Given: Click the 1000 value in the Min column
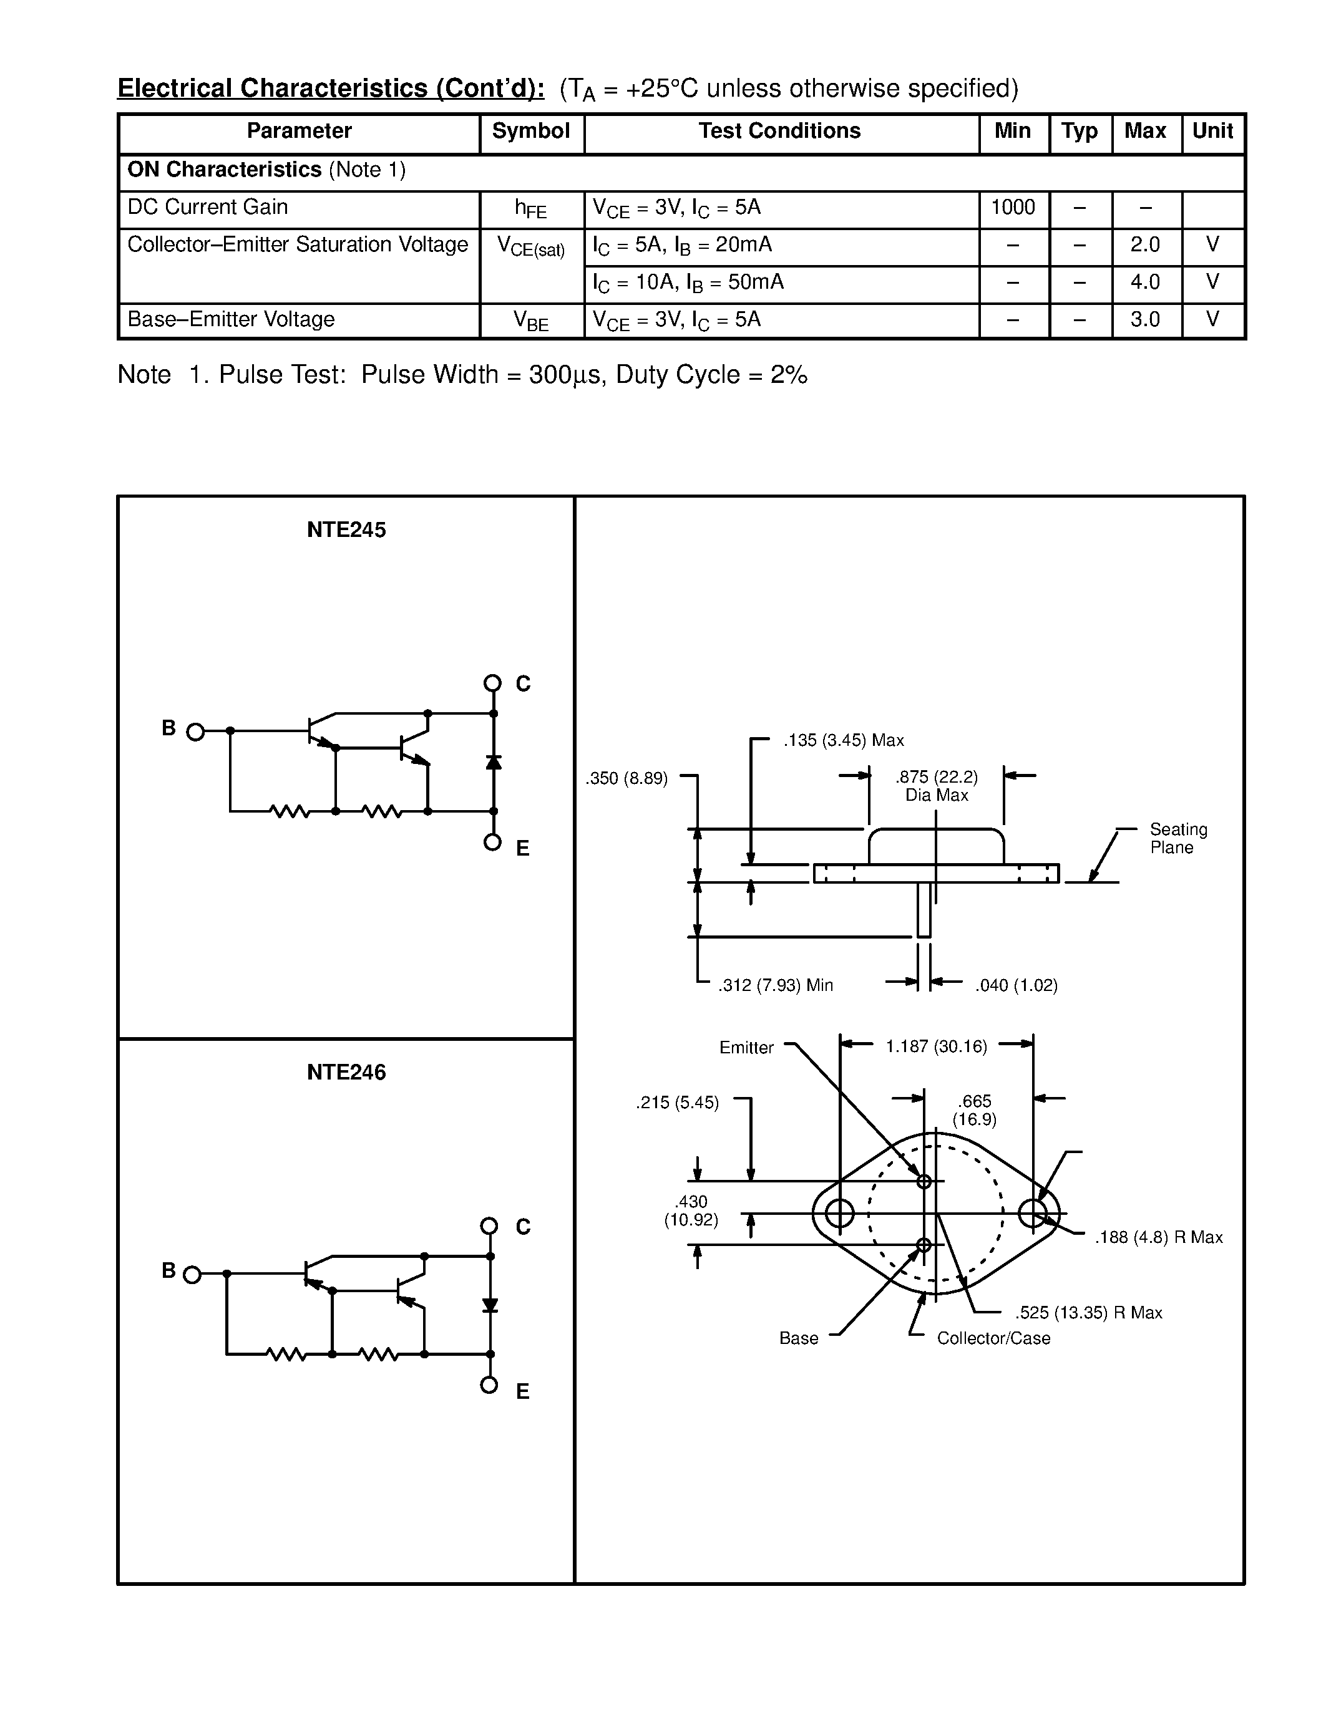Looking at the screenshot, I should point(1013,207).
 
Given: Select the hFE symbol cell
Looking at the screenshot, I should point(531,209).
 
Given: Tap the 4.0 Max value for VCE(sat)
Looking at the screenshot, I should point(1144,282).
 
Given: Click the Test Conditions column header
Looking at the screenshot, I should point(779,131).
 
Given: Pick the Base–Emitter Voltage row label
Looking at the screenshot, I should point(231,319).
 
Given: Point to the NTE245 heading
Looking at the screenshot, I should point(346,530).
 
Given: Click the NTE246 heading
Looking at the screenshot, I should point(346,1073).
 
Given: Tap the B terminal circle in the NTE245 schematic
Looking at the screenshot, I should point(195,733).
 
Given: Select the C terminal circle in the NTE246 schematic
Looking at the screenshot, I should point(489,1226).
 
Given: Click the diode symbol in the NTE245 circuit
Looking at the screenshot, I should point(494,761).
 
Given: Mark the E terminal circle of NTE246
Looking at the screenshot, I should point(489,1384).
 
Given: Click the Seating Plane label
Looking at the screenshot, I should point(1177,839).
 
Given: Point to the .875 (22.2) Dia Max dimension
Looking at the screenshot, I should point(937,786).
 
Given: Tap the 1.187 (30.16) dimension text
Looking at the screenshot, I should point(935,1046).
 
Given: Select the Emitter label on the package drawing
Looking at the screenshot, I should point(746,1048).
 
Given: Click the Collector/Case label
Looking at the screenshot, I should point(993,1338).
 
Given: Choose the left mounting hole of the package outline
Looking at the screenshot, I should point(840,1213).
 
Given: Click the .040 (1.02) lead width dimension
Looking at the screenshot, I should point(1016,985).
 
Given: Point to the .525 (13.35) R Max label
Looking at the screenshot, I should point(1088,1313).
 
